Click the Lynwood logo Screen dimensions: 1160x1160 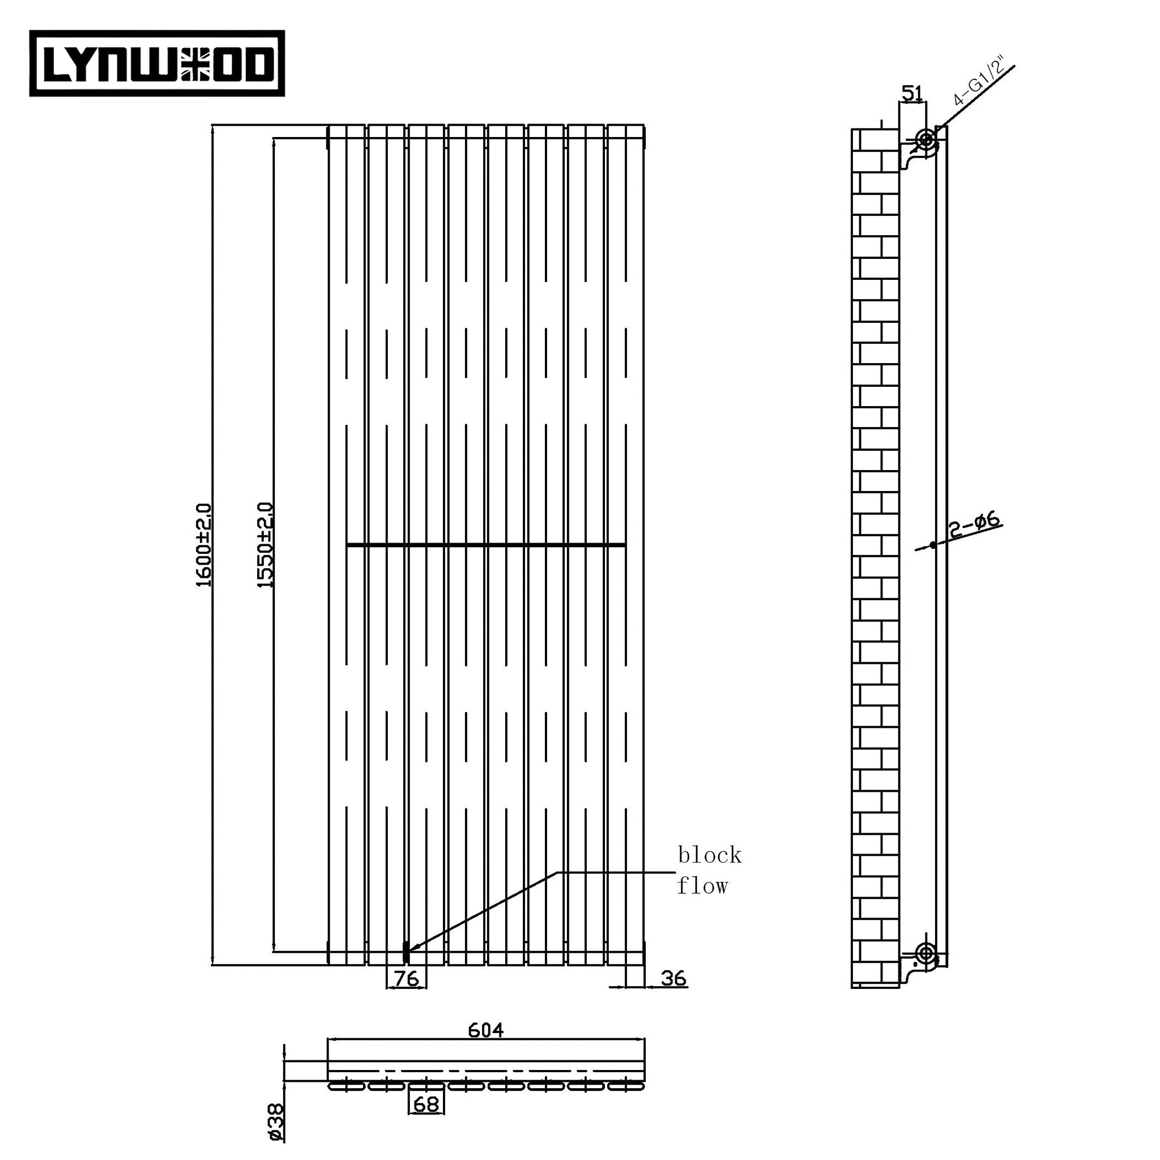click(x=157, y=63)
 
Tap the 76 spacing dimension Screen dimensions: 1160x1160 click(x=406, y=979)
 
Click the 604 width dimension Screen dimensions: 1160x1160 click(x=485, y=1030)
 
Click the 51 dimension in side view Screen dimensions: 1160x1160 click(x=911, y=93)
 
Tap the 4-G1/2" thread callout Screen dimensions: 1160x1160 click(x=979, y=83)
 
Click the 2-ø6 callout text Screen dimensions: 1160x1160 click(x=974, y=524)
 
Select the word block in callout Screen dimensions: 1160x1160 click(x=709, y=855)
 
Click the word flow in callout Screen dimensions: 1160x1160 click(x=702, y=886)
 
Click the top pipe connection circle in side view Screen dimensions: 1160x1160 click(x=926, y=140)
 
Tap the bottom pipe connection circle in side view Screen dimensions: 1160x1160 click(x=926, y=952)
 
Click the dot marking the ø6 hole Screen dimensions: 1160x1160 click(x=932, y=544)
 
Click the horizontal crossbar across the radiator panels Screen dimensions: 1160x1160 click(x=485, y=544)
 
